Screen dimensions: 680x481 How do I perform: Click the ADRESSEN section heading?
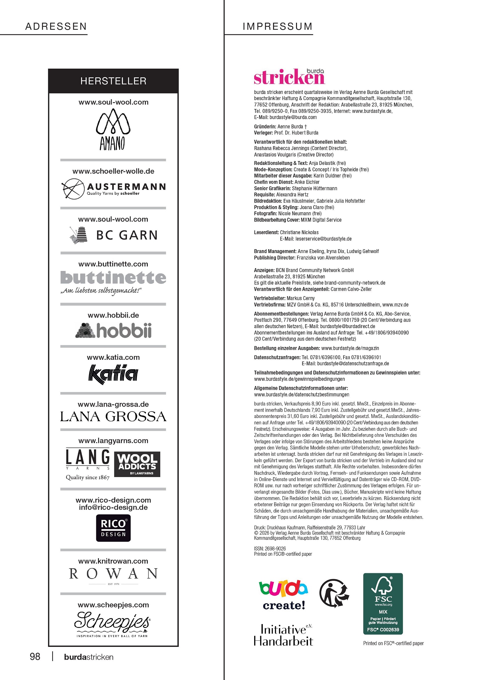[x=56, y=26]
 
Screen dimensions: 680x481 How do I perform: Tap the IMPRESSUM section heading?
[x=277, y=26]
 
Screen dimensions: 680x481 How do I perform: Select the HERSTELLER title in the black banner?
[x=113, y=81]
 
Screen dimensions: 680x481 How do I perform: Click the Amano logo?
[x=113, y=129]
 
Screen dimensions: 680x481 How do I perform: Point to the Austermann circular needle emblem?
[x=73, y=188]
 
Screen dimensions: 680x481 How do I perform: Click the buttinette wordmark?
[x=113, y=277]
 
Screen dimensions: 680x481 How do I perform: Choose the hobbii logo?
[x=113, y=330]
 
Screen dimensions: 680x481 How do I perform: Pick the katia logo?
[x=113, y=374]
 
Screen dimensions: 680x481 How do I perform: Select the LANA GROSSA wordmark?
[x=113, y=416]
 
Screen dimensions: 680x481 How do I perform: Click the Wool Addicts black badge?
[x=137, y=464]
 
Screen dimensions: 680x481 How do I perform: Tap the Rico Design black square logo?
[x=113, y=528]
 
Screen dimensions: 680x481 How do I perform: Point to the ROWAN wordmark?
[x=113, y=574]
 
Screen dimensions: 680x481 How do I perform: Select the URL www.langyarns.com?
[x=113, y=440]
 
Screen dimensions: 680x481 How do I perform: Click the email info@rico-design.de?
[x=113, y=507]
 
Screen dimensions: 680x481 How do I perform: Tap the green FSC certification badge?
[x=383, y=604]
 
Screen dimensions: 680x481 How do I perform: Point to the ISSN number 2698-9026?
[x=275, y=548]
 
